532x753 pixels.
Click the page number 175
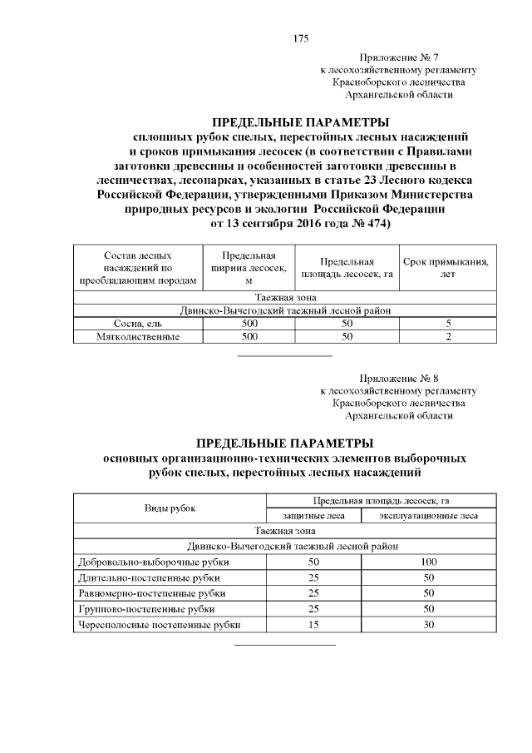coord(301,38)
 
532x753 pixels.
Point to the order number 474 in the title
coord(372,224)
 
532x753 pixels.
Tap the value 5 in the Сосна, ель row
coord(448,324)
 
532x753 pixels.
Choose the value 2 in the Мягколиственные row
coord(448,336)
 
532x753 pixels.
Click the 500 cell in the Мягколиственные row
coord(249,336)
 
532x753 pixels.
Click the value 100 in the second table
coord(428,562)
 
